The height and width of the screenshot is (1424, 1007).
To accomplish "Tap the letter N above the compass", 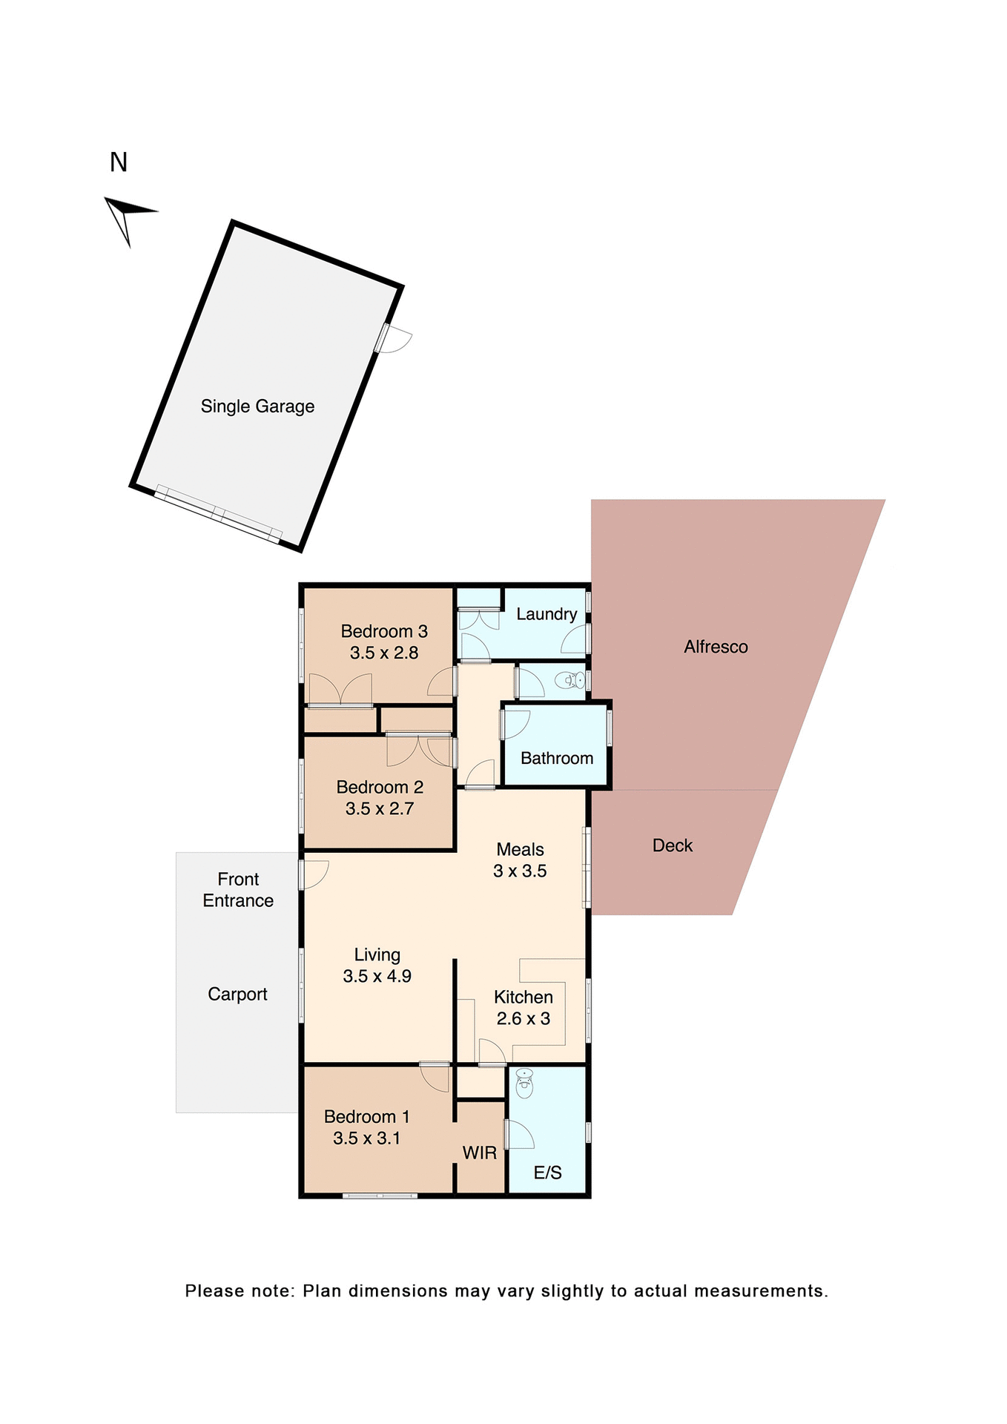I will tap(119, 162).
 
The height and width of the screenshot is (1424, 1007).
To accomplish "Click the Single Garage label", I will tap(257, 406).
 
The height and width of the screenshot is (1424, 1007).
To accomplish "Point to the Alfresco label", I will tap(716, 647).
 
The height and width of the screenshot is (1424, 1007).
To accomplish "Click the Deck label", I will tap(672, 845).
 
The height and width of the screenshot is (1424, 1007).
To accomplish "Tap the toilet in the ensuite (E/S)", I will tap(524, 1084).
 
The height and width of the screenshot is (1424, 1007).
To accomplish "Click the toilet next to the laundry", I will tap(571, 680).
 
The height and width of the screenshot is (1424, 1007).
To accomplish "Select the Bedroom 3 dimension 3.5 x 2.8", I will tap(384, 653).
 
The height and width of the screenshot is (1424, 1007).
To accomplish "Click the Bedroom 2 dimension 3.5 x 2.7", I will tap(380, 808).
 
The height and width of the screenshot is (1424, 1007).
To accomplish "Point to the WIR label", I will tap(480, 1153).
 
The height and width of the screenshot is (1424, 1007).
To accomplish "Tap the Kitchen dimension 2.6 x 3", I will tap(524, 1018).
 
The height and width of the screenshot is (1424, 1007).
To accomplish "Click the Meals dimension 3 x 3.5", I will tap(520, 871).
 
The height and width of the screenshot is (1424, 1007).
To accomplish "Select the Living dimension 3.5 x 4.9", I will tap(377, 976).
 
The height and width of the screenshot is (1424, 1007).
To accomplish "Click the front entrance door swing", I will tap(315, 874).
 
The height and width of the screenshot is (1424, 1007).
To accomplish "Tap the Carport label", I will tap(237, 994).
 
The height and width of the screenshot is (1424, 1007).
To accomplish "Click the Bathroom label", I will tap(557, 758).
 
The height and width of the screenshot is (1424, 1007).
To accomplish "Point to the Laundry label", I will tap(547, 614).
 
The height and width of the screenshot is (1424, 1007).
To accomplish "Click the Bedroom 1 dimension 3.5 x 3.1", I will tap(366, 1138).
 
